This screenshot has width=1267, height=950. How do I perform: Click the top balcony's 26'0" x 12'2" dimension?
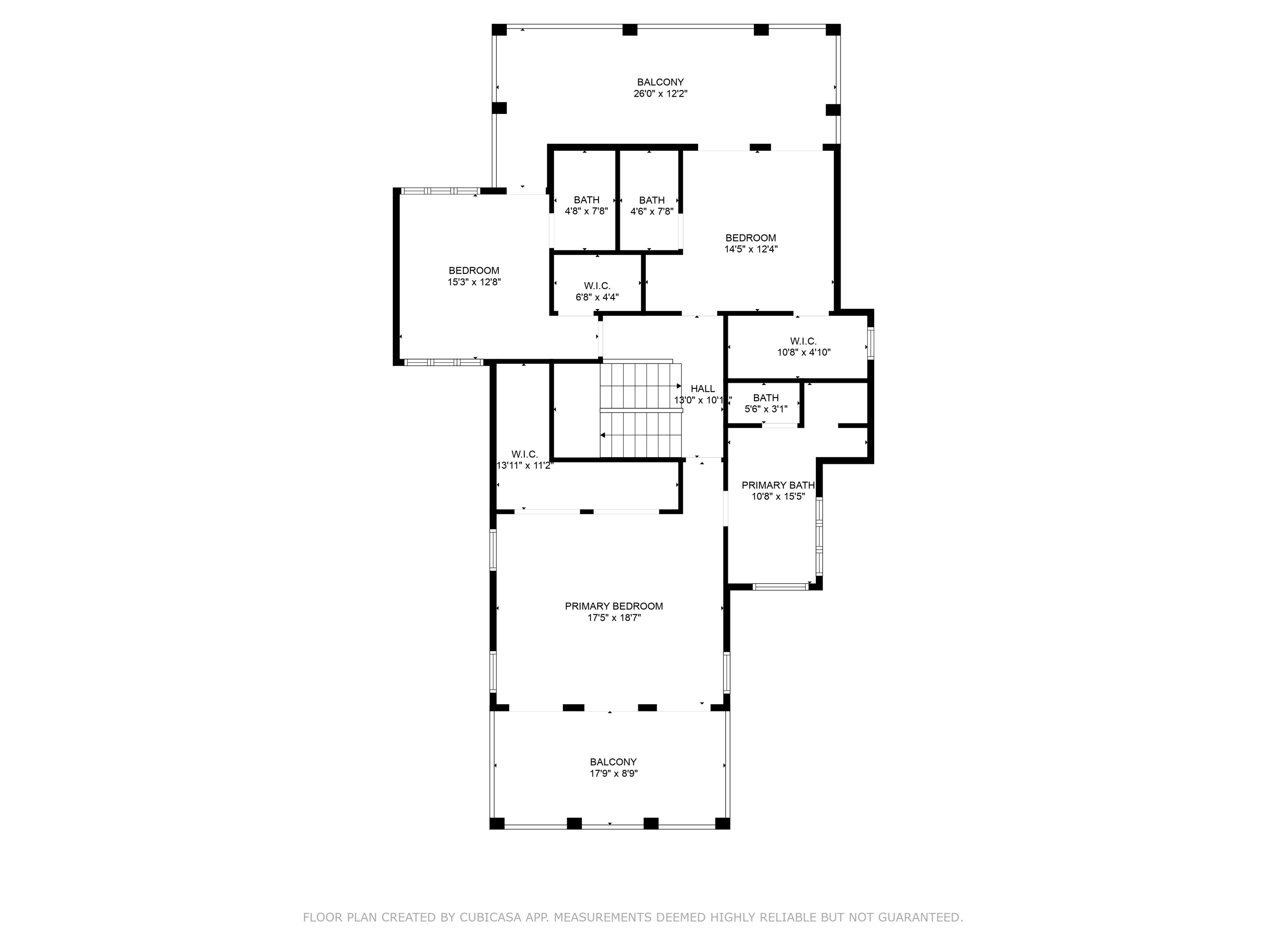point(660,94)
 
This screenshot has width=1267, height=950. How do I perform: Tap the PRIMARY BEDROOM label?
point(614,606)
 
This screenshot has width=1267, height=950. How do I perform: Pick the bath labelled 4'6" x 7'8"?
point(651,206)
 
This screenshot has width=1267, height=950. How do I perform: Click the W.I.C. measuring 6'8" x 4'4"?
point(597,291)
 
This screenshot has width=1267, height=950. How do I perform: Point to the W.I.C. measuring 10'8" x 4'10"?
point(803,347)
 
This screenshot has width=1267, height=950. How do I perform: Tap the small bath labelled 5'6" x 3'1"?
point(765,403)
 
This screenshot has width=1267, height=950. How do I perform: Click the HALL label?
point(702,389)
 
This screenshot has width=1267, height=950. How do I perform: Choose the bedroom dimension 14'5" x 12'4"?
point(750,249)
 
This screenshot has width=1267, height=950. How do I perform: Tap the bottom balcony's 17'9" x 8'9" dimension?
point(614,774)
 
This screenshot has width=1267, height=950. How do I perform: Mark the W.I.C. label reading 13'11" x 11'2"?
point(524,460)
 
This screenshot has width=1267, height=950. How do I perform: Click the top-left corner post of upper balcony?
point(499,30)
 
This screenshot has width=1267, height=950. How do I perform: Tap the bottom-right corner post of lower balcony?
point(722,823)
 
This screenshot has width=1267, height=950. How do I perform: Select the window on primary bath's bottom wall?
point(780,586)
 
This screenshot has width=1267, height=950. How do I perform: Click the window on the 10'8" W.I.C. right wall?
point(870,343)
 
